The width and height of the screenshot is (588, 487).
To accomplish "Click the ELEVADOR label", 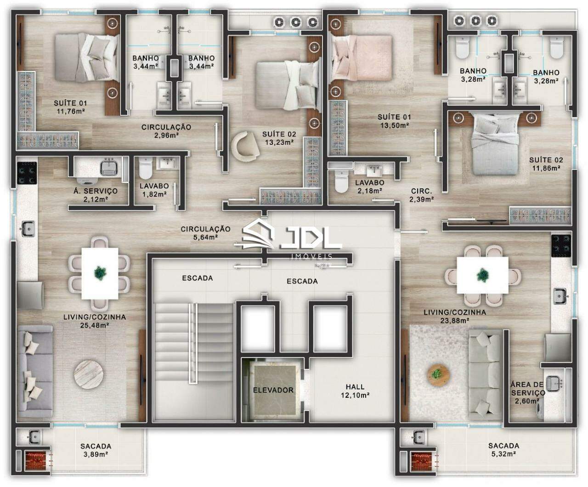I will pyautogui.click(x=273, y=390).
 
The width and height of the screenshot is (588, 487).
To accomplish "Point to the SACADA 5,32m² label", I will pyautogui.click(x=503, y=449).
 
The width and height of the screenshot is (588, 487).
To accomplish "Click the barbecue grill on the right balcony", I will pyautogui.click(x=421, y=460).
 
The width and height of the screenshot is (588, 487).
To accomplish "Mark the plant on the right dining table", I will pyautogui.click(x=482, y=275).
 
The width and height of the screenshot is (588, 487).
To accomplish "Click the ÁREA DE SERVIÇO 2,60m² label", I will pyautogui.click(x=528, y=392).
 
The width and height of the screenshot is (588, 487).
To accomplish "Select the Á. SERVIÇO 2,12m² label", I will pyautogui.click(x=95, y=195).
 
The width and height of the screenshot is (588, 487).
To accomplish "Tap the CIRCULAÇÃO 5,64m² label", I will pyautogui.click(x=205, y=233).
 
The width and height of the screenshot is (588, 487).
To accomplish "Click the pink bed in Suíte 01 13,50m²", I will pyautogui.click(x=363, y=57).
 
